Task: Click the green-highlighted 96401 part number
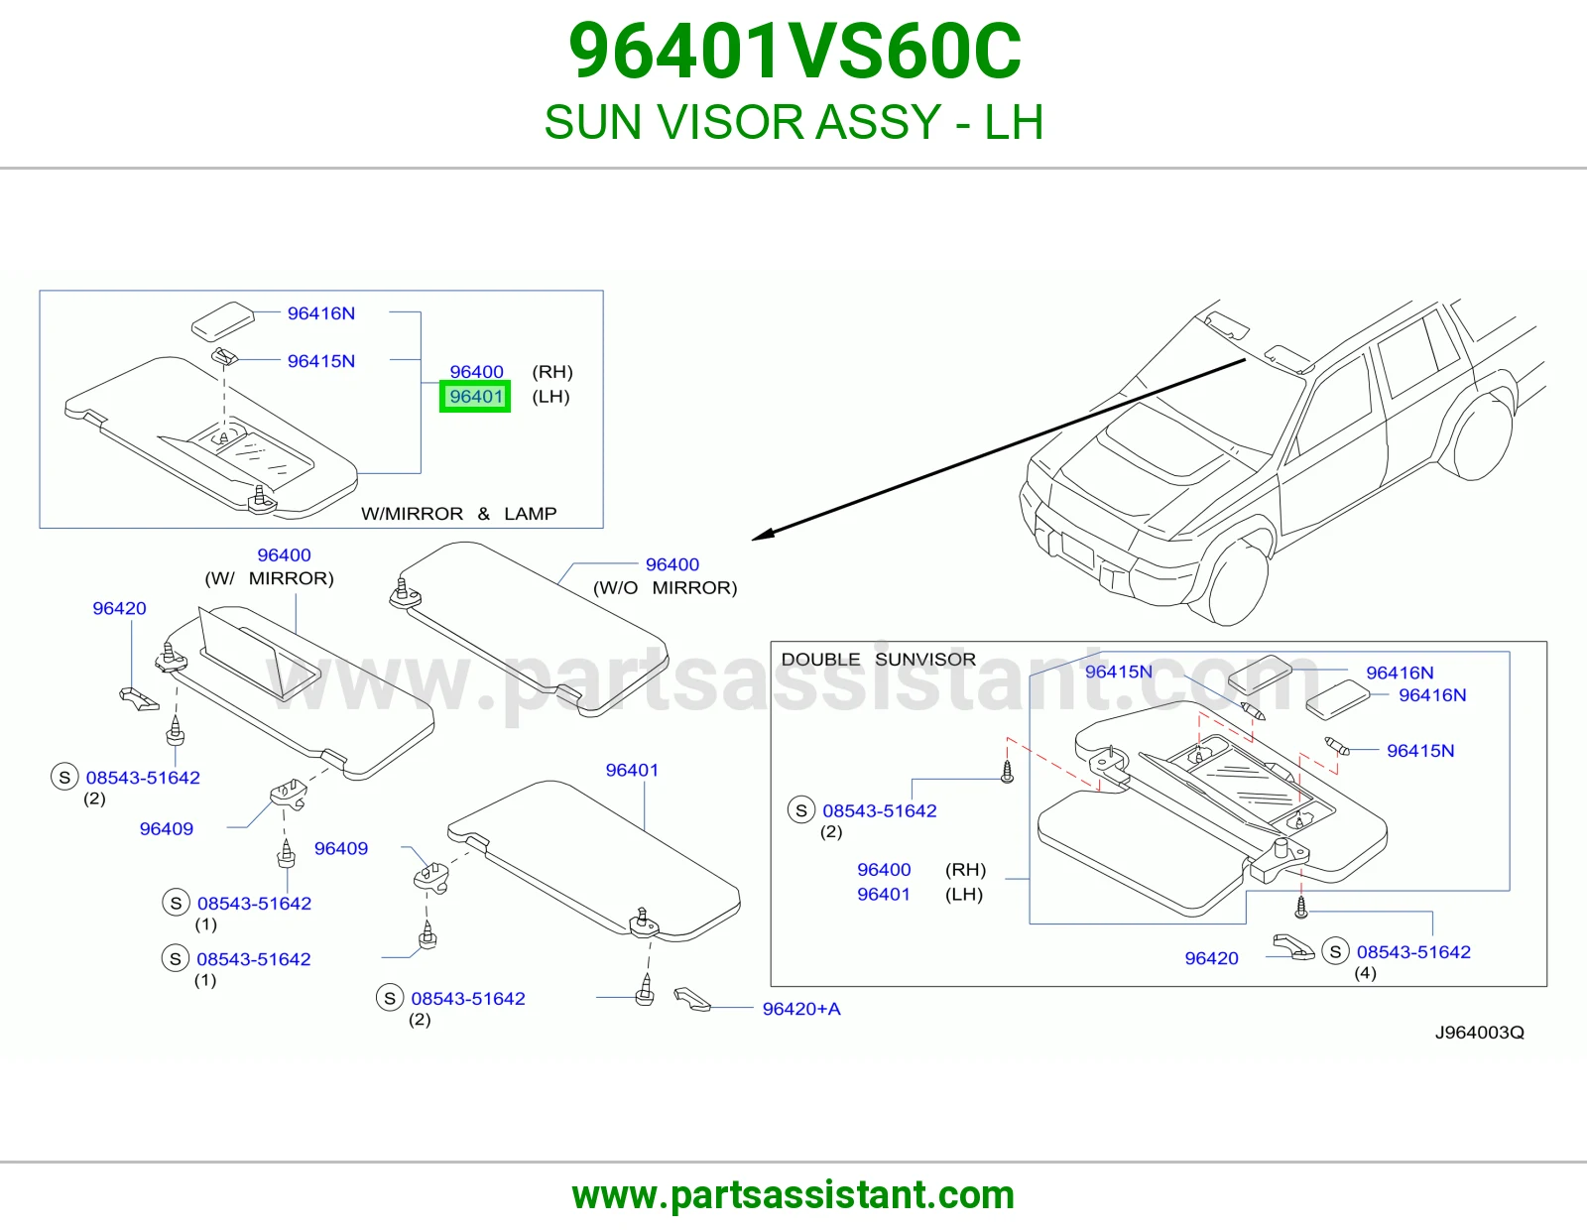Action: pyautogui.click(x=475, y=397)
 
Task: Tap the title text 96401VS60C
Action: pyautogui.click(x=793, y=52)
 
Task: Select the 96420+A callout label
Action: pyautogui.click(x=801, y=1009)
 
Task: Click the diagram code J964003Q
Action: pyautogui.click(x=1480, y=1032)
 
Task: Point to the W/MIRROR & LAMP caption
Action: pyautogui.click(x=458, y=514)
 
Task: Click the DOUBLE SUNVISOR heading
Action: pyautogui.click(x=878, y=659)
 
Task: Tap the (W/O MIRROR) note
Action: pyautogui.click(x=665, y=588)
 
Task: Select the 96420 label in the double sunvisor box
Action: pyautogui.click(x=1211, y=958)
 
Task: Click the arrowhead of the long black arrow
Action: pyautogui.click(x=763, y=535)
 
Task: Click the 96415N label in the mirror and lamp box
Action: pyautogui.click(x=320, y=361)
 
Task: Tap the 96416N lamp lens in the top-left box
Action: pyautogui.click(x=223, y=320)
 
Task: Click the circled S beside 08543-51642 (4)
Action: pyautogui.click(x=1335, y=951)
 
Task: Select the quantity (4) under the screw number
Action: pyautogui.click(x=1365, y=973)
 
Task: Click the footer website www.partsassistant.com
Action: pyautogui.click(x=793, y=1195)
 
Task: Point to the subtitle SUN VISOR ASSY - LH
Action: pyautogui.click(x=793, y=122)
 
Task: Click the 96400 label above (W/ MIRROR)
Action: pyautogui.click(x=284, y=555)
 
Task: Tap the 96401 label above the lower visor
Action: pyautogui.click(x=632, y=770)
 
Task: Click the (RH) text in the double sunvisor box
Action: pyautogui.click(x=965, y=870)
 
